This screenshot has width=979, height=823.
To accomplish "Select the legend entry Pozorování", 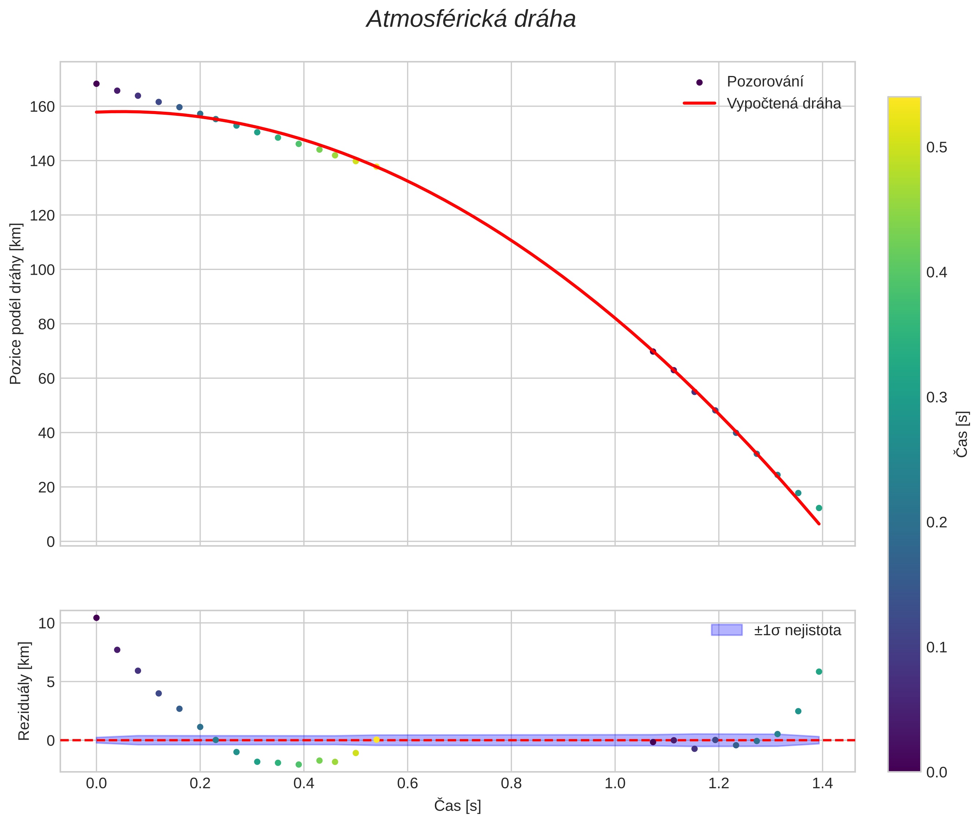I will (x=765, y=82).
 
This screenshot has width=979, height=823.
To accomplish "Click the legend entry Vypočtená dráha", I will (x=783, y=104).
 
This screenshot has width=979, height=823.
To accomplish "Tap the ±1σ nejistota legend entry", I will (x=797, y=630).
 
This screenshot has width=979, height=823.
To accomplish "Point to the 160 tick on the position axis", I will (x=42, y=107).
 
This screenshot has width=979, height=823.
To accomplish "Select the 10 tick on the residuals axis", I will (x=46, y=623).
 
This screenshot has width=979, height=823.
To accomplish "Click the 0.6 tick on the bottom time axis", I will (x=407, y=783).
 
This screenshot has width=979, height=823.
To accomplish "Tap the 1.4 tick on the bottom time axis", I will (x=822, y=783).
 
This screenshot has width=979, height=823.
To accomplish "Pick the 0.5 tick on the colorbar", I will (x=937, y=148).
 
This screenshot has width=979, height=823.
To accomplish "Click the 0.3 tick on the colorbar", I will (x=937, y=397).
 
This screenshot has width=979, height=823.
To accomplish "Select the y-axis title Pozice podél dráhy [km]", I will (x=15, y=304).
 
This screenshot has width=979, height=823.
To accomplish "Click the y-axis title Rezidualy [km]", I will (x=24, y=691).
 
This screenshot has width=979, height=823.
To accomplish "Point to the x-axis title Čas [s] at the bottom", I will (x=457, y=806).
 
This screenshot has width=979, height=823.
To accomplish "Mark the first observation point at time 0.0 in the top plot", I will (x=96, y=84).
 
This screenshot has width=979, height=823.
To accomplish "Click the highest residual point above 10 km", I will (x=96, y=618).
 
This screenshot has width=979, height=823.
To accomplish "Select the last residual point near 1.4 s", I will (x=819, y=672).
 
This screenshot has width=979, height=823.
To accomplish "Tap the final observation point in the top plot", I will (x=819, y=508).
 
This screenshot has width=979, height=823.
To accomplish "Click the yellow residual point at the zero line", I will (x=376, y=739).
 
